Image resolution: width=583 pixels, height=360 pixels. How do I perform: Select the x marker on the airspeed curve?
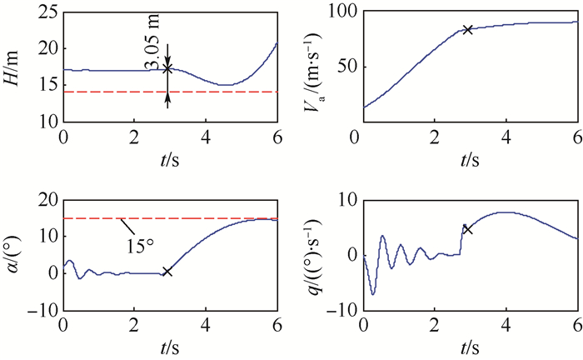pos(468,29)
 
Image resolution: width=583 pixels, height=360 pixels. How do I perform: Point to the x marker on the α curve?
pos(167,272)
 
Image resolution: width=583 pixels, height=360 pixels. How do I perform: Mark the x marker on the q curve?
pos(468,229)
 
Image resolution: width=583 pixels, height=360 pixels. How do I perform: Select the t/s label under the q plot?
pos(470,343)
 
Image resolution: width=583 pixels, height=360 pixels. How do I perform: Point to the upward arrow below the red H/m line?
pos(167,100)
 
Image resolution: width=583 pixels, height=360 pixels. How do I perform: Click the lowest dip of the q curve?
pos(373,294)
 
